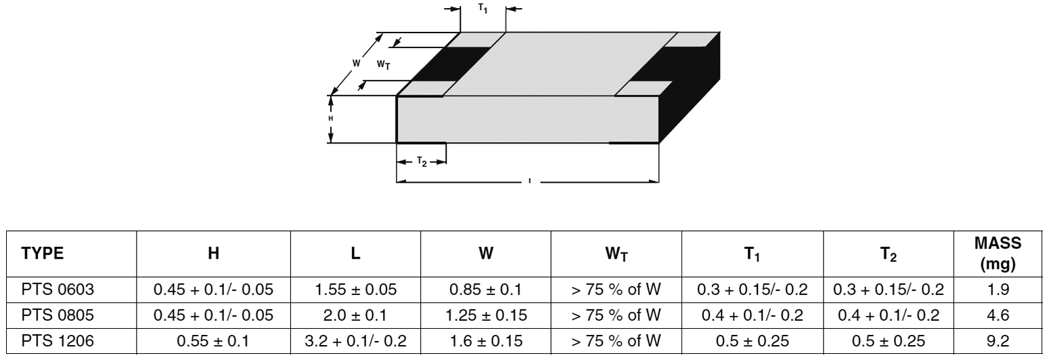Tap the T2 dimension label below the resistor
point(421,162)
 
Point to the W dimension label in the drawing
point(356,63)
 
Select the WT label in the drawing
point(383,65)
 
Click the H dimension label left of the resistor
point(331,118)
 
